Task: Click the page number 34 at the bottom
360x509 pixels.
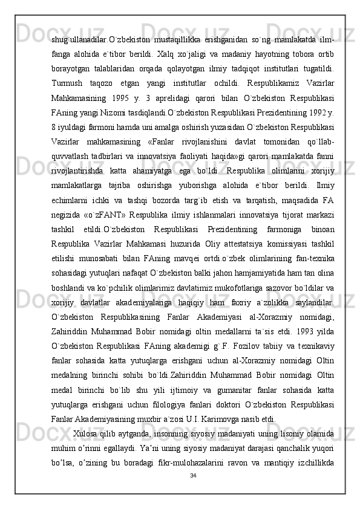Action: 192,476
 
